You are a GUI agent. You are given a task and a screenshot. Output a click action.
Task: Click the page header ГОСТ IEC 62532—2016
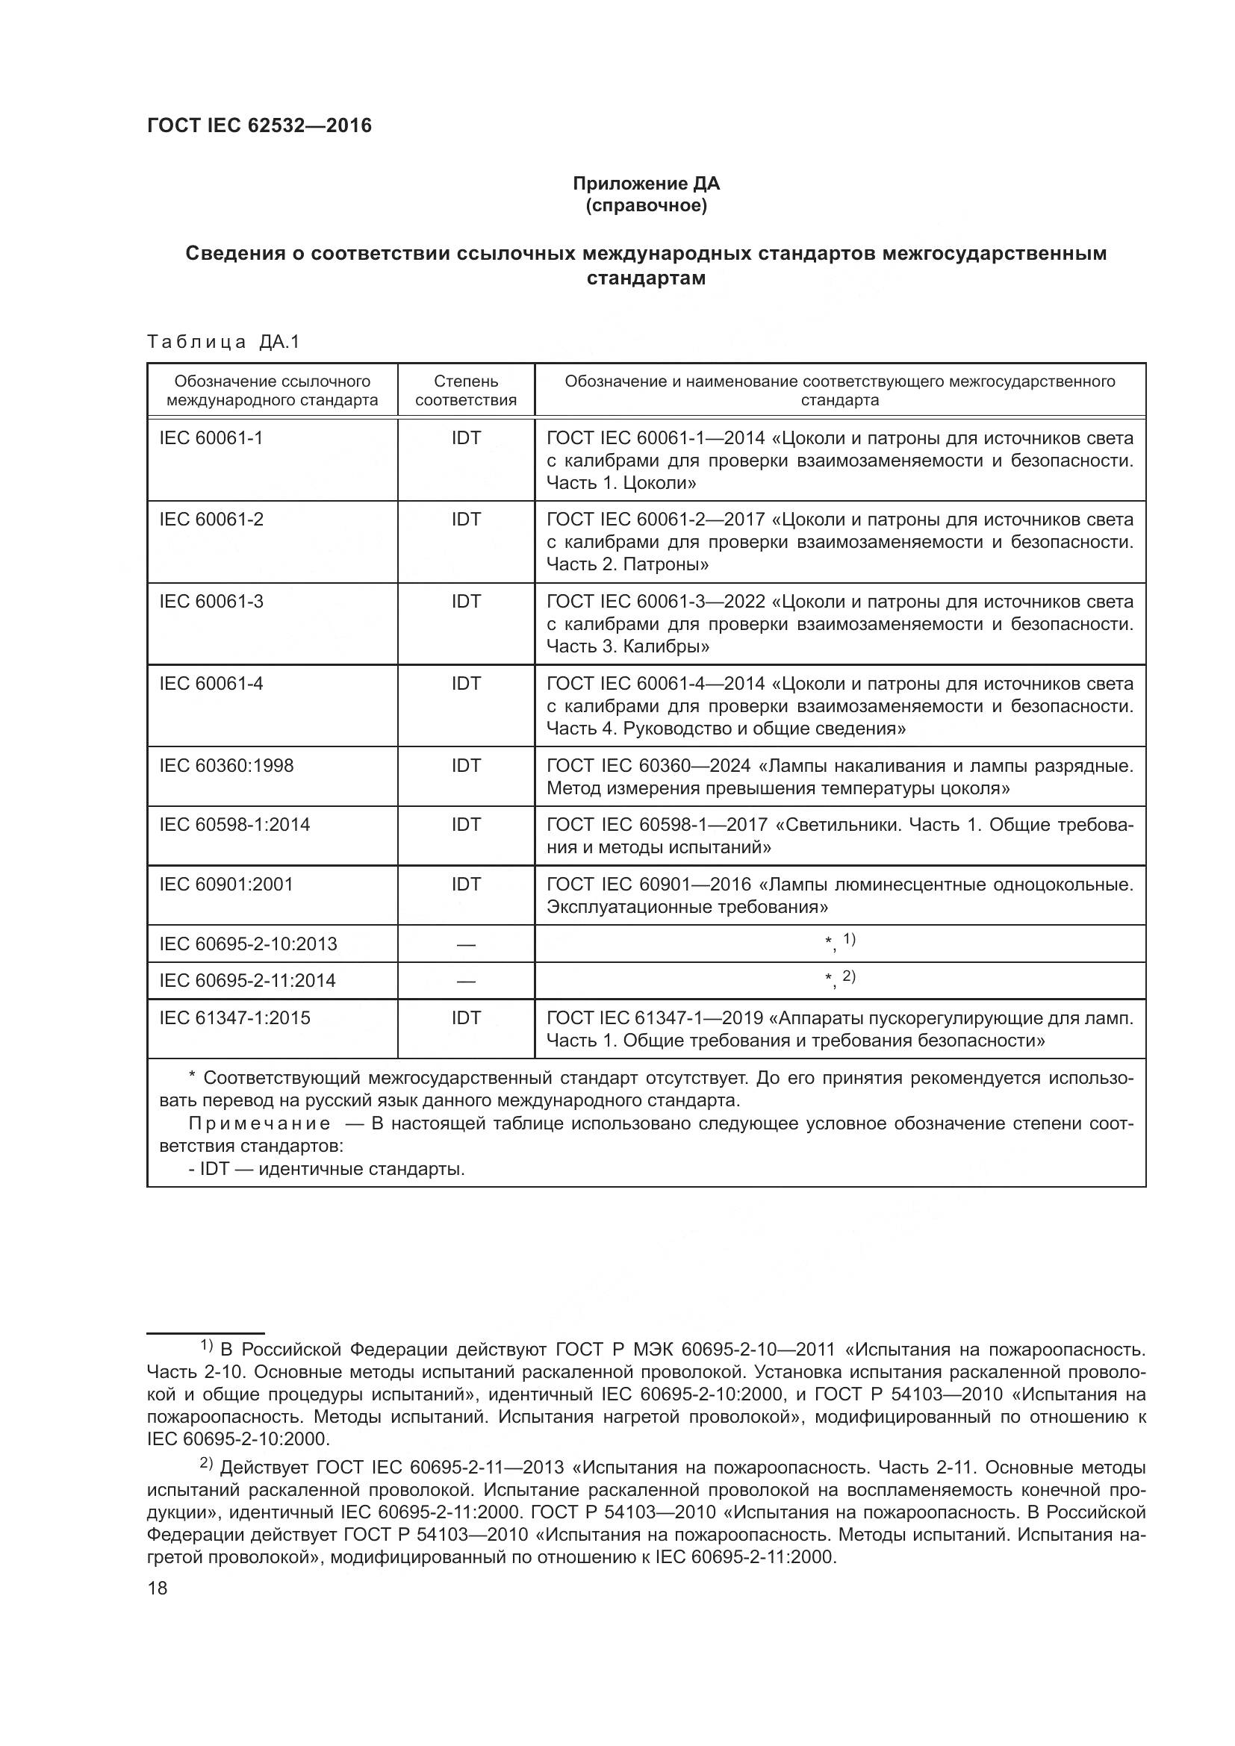pyautogui.click(x=259, y=125)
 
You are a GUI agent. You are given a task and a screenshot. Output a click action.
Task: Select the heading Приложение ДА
pyautogui.click(x=646, y=184)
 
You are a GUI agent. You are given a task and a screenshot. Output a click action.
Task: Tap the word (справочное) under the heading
pyautogui.click(x=646, y=205)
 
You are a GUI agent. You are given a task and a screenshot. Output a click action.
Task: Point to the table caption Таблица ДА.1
pyautogui.click(x=224, y=342)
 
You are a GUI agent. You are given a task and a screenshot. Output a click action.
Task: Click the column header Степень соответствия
pyautogui.click(x=465, y=390)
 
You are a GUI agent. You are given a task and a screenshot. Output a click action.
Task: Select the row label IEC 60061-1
pyautogui.click(x=211, y=438)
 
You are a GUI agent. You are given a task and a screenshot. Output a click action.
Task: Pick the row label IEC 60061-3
pyautogui.click(x=211, y=602)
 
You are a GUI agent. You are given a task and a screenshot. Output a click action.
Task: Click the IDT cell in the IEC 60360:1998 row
pyautogui.click(x=465, y=766)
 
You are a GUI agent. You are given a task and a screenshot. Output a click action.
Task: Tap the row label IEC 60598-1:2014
pyautogui.click(x=234, y=825)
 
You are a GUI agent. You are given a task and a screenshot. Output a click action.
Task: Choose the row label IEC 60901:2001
pyautogui.click(x=225, y=885)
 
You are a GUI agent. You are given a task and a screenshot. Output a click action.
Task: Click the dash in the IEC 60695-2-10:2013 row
pyautogui.click(x=465, y=944)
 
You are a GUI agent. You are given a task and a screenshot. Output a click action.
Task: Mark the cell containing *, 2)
pyautogui.click(x=839, y=979)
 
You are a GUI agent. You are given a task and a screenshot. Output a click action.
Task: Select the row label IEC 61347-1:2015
pyautogui.click(x=234, y=1018)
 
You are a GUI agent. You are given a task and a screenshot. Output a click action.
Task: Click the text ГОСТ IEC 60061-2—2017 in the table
pyautogui.click(x=656, y=520)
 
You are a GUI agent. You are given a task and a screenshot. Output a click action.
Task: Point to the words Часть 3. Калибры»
pyautogui.click(x=628, y=646)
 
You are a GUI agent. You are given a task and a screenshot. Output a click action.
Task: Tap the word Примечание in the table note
pyautogui.click(x=258, y=1124)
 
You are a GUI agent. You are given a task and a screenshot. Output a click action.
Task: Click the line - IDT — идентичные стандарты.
pyautogui.click(x=327, y=1169)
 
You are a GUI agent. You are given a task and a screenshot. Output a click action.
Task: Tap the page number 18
pyautogui.click(x=158, y=1588)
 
